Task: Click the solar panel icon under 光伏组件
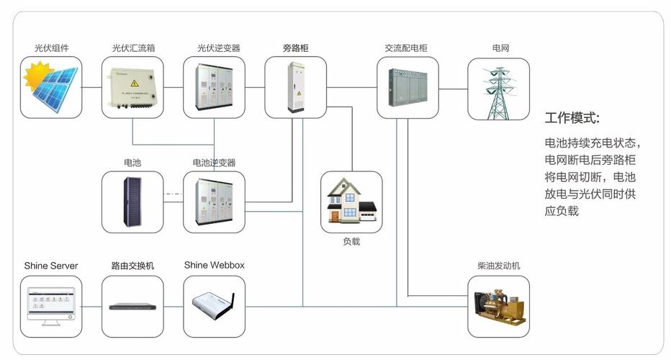(x=53, y=89)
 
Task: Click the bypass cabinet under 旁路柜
(x=296, y=88)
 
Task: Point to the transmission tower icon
(x=498, y=90)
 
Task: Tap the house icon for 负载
(x=351, y=202)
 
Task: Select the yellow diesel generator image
(x=498, y=306)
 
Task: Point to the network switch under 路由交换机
(x=132, y=306)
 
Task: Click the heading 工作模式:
(x=572, y=118)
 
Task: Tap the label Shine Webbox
(x=214, y=265)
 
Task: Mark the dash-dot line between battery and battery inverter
(x=174, y=194)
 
